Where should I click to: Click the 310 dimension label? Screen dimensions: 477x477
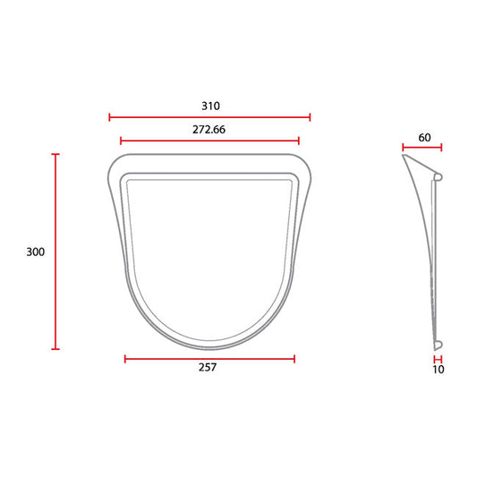coord(210,106)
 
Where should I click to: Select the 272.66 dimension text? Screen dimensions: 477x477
coord(209,130)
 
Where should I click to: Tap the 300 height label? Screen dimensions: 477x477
coord(35,251)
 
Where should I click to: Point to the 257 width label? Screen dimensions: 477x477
coord(208,367)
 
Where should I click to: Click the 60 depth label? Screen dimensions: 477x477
coord(424,138)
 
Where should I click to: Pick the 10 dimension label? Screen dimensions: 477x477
coord(439,370)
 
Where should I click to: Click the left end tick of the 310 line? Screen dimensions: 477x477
coord(109,117)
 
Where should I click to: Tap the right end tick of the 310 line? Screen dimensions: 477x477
coord(310,117)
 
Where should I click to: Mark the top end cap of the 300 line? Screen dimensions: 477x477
coord(55,154)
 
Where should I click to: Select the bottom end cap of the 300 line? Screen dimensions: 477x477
coord(55,349)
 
